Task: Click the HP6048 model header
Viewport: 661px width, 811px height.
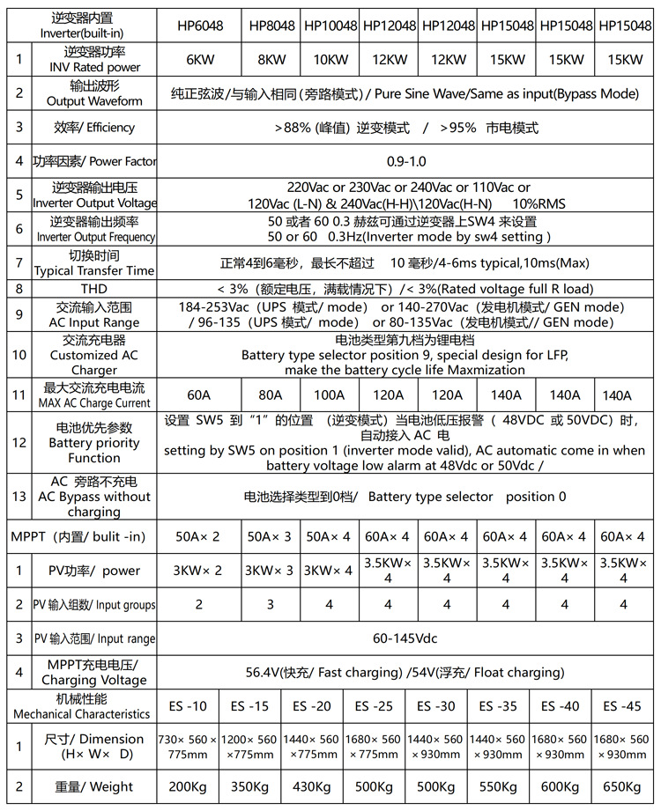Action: click(x=198, y=26)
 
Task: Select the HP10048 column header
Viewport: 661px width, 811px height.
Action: click(x=330, y=26)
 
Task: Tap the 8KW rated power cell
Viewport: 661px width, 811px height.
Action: click(x=271, y=60)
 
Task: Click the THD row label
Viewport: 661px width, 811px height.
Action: click(x=94, y=289)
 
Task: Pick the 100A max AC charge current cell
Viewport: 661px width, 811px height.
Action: click(x=330, y=395)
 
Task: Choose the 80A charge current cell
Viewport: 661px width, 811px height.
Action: click(x=271, y=395)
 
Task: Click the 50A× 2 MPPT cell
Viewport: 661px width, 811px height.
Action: click(x=198, y=536)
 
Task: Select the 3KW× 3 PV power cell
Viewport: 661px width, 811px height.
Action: click(x=271, y=570)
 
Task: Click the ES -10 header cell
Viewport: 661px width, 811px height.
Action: click(x=188, y=706)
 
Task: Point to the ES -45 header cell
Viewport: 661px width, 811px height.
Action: click(x=623, y=706)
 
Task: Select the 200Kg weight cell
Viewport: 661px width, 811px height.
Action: click(x=188, y=786)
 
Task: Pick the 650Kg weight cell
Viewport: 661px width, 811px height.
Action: click(x=623, y=786)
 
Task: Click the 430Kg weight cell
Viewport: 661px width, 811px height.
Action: click(x=312, y=786)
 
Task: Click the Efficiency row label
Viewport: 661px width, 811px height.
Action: click(x=94, y=128)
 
